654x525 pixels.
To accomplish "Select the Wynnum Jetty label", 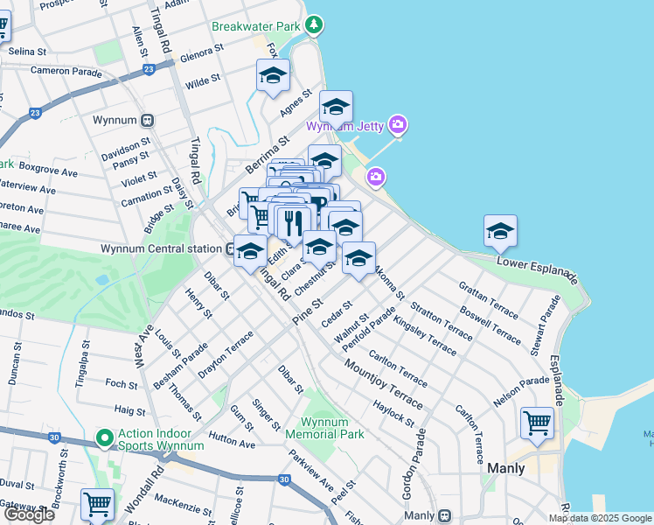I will tap(344, 126).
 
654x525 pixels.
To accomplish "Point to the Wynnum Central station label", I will tap(161, 248).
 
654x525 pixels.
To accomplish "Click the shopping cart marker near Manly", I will tap(537, 423).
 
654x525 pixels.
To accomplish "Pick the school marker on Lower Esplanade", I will tap(500, 231).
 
